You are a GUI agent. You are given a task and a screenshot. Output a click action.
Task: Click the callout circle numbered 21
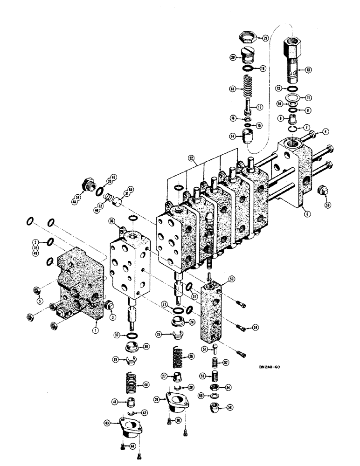(x=265, y=39)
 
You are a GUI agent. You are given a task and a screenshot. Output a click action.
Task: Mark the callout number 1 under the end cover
(x=95, y=330)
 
